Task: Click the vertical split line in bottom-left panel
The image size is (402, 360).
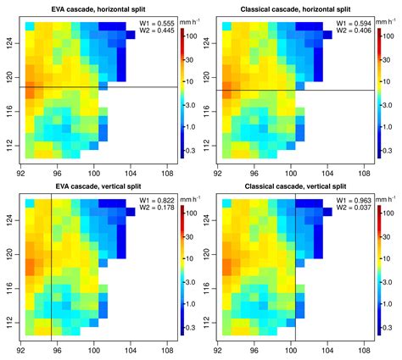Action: coord(52,263)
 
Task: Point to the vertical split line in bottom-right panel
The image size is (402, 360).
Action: coord(295,263)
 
